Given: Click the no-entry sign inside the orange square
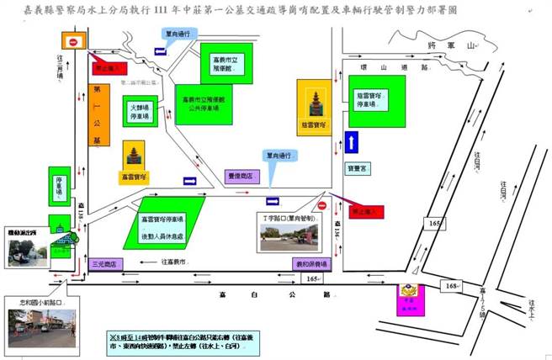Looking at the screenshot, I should (73, 42).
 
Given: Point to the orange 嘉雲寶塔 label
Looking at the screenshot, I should (133, 177).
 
